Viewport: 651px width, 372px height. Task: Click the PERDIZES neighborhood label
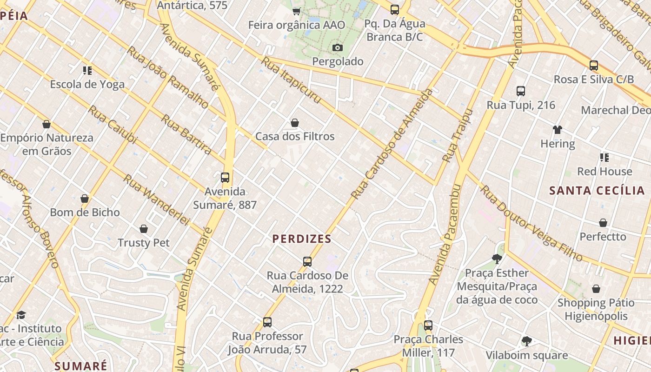click(302, 239)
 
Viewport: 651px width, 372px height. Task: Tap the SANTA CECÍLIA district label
click(597, 191)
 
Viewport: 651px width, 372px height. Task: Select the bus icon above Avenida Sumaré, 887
click(225, 177)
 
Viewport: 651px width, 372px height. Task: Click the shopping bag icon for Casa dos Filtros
click(294, 123)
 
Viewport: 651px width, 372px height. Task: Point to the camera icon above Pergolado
click(338, 47)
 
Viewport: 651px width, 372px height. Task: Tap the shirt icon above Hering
click(557, 130)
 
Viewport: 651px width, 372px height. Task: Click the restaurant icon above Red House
click(604, 158)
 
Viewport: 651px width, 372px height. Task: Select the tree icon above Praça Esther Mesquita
click(497, 259)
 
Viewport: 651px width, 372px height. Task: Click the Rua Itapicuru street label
click(291, 80)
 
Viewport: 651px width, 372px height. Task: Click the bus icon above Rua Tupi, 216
click(520, 91)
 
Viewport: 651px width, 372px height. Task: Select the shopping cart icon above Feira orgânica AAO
click(296, 11)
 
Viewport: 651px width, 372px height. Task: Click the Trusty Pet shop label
click(143, 243)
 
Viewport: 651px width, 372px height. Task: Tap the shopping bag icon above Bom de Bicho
click(85, 199)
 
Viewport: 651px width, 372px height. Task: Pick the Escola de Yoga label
click(87, 84)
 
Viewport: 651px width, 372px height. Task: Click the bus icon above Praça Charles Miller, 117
click(428, 325)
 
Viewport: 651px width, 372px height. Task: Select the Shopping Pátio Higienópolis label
click(596, 310)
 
